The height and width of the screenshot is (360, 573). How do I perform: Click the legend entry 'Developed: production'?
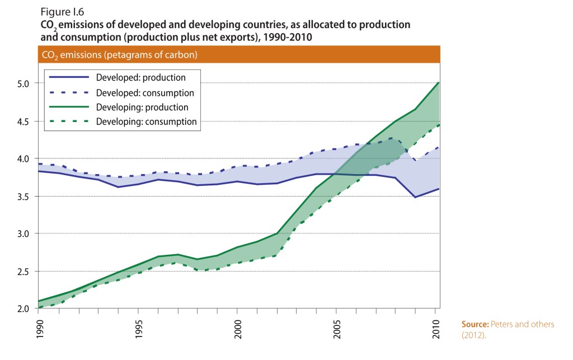[140, 78]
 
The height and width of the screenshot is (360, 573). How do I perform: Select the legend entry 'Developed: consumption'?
[145, 92]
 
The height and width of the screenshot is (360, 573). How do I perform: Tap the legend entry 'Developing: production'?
[142, 107]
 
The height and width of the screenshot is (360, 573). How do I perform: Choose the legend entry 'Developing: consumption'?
[146, 121]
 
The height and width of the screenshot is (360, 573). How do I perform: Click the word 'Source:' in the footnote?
[476, 325]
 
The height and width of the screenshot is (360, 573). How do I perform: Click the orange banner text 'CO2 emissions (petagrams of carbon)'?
[119, 55]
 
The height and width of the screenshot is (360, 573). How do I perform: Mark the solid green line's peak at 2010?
[438, 82]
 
